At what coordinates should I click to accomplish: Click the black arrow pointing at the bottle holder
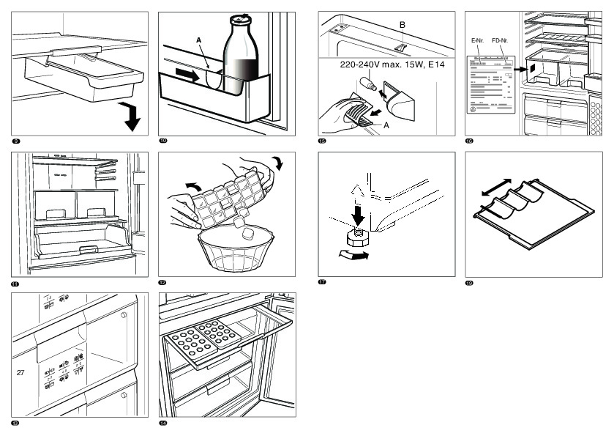point(190,75)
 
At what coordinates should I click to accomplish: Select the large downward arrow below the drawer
point(132,117)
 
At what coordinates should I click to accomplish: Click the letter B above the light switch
point(401,26)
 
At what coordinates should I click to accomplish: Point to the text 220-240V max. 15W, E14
point(392,65)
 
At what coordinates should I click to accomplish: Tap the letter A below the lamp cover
point(386,125)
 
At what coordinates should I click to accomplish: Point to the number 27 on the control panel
point(20,372)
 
